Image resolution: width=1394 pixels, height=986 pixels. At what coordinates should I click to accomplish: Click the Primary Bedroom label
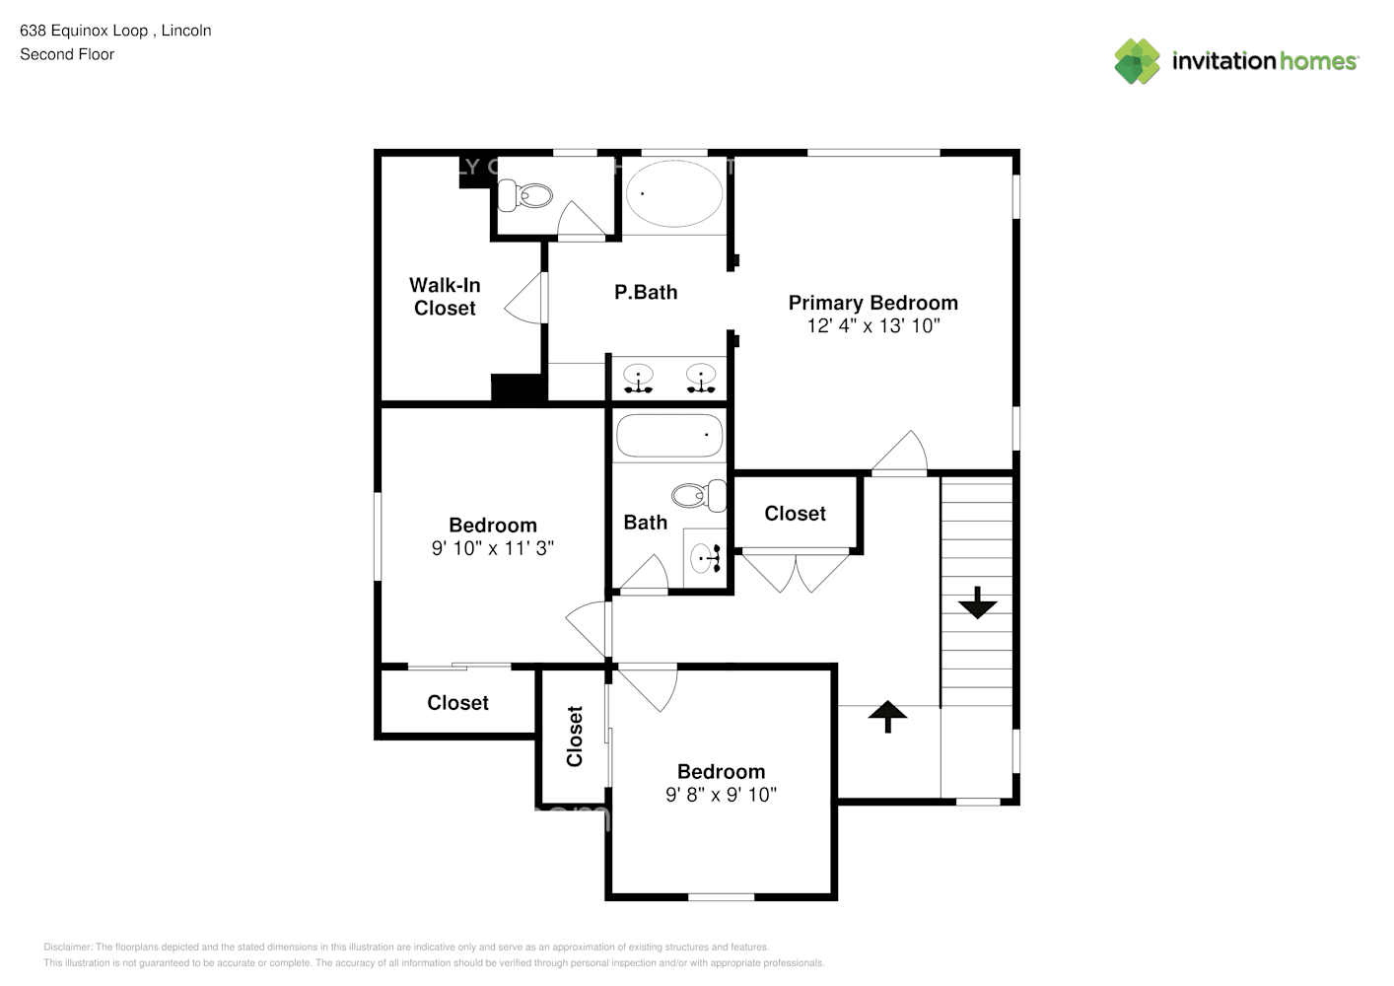coord(872,303)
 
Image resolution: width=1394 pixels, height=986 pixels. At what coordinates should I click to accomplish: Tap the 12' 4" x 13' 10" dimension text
coord(872,326)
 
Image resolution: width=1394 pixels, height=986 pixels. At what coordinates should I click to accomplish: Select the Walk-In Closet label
coord(445,296)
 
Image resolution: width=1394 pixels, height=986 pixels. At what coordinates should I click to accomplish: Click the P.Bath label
coord(646,292)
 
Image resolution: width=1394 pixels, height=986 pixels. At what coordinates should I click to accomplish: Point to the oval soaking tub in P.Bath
coord(674,193)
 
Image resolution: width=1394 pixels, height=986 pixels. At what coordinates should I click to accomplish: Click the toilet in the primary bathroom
coord(525,195)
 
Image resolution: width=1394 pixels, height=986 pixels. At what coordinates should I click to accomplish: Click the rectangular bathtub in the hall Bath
coord(669,436)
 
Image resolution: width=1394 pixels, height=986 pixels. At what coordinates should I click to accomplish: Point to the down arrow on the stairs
coord(977,602)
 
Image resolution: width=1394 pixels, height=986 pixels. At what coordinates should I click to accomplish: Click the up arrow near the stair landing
coord(887,716)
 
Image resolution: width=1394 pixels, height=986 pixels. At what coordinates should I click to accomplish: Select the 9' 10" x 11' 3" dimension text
coord(493,548)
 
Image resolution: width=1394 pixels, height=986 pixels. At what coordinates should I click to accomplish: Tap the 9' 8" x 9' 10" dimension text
coord(721,795)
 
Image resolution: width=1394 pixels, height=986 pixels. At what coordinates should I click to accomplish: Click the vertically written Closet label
coord(575,736)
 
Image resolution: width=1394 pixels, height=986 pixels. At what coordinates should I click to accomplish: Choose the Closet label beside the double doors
coord(795,514)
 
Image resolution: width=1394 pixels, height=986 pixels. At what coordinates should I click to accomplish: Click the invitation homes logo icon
coord(1137,61)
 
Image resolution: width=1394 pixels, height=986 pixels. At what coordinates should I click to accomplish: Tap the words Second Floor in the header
coord(67,54)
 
